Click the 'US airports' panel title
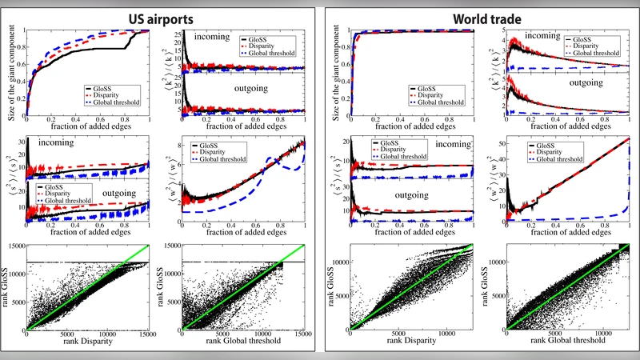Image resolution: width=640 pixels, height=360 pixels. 160,14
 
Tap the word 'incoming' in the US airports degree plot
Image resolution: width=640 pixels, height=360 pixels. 210,36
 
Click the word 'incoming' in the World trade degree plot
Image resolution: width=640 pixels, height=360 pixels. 531,37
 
